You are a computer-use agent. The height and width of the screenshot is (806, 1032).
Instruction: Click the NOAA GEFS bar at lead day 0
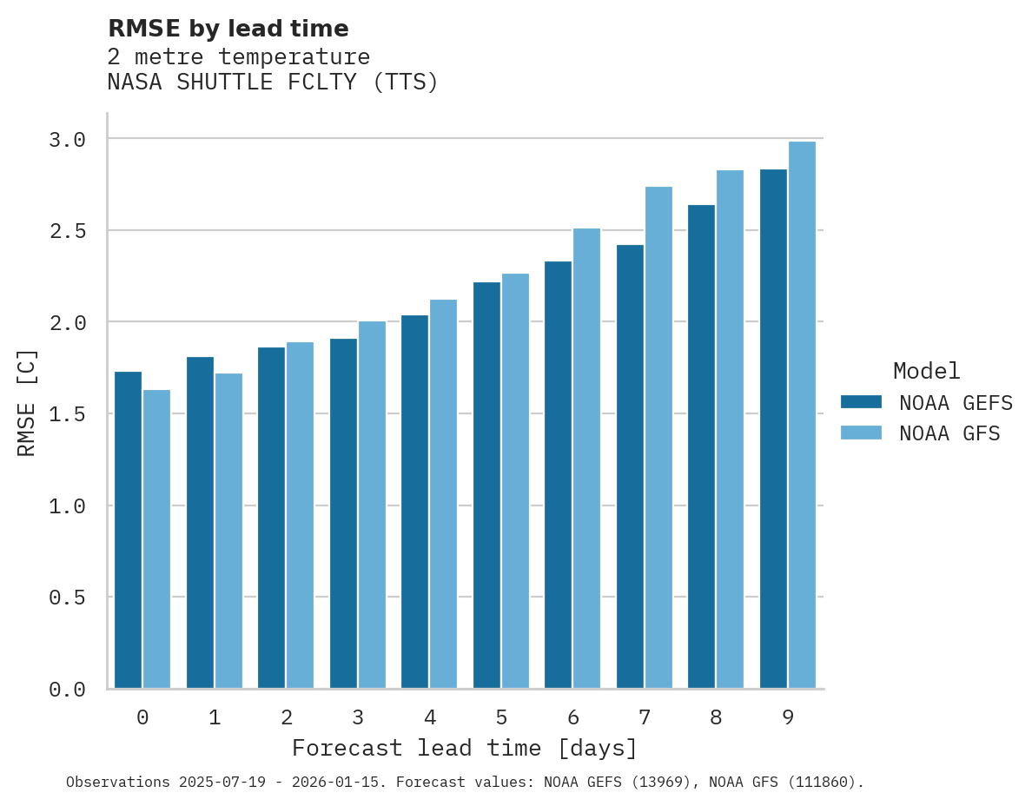click(128, 530)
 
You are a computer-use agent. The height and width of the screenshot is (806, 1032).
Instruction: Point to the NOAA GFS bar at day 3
click(372, 505)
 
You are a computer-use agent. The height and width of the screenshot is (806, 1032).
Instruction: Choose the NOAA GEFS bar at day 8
click(701, 446)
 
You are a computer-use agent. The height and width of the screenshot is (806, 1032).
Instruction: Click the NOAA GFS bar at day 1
click(228, 531)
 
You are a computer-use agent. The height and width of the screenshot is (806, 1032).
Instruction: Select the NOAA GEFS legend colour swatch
click(861, 402)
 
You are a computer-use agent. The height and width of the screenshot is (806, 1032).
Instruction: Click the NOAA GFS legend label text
click(949, 433)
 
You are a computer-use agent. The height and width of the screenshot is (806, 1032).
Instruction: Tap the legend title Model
click(926, 371)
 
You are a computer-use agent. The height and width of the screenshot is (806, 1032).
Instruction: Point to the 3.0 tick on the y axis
click(67, 140)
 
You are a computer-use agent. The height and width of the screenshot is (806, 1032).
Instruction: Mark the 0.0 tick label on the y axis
click(67, 690)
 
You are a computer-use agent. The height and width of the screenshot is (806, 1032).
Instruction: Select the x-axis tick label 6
click(573, 717)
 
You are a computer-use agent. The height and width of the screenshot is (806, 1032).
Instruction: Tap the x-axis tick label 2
click(286, 717)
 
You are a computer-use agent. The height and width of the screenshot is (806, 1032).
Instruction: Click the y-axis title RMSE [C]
click(27, 402)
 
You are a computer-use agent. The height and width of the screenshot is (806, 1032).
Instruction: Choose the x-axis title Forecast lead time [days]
click(465, 748)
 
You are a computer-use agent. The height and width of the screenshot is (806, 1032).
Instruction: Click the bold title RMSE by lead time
click(228, 29)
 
